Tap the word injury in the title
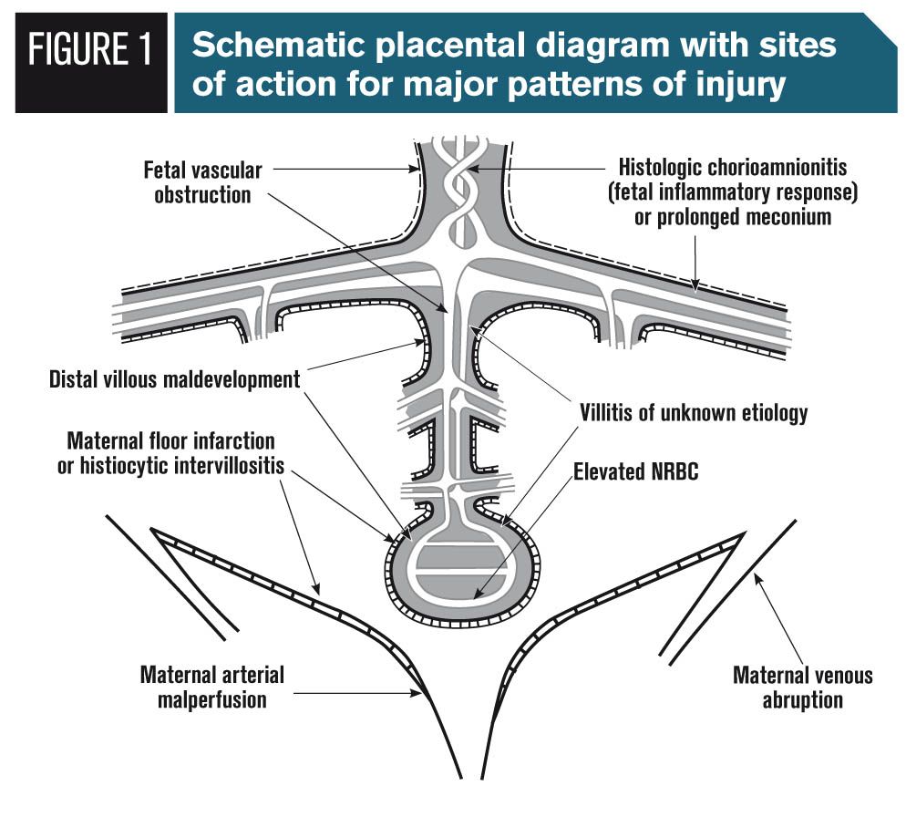click(736, 85)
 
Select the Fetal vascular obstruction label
click(202, 181)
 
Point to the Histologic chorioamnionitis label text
click(738, 169)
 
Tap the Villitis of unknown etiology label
click(694, 412)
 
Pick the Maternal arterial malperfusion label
click(211, 687)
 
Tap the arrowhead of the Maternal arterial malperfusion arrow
click(420, 695)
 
